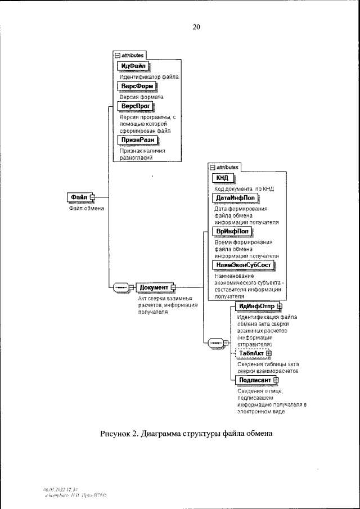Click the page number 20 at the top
(196, 26)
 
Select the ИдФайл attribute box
(133, 66)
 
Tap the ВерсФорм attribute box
(135, 86)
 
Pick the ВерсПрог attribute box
(134, 106)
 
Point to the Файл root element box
(79, 197)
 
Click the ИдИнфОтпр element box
(254, 306)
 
